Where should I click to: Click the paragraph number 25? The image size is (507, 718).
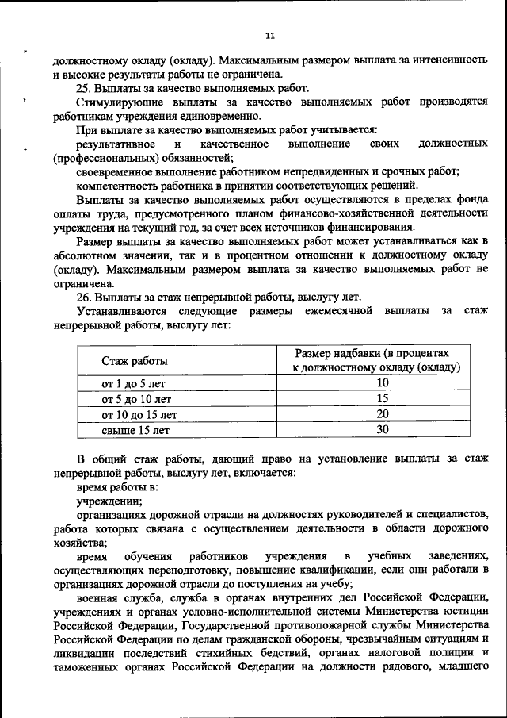83,88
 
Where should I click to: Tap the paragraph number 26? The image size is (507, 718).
83,296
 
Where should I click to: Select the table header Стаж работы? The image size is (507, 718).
134,361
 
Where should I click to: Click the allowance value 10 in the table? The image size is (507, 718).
383,382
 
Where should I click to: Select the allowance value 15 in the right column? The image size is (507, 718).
383,398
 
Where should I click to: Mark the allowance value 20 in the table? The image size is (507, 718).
383,414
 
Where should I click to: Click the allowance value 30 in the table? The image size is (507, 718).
383,430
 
